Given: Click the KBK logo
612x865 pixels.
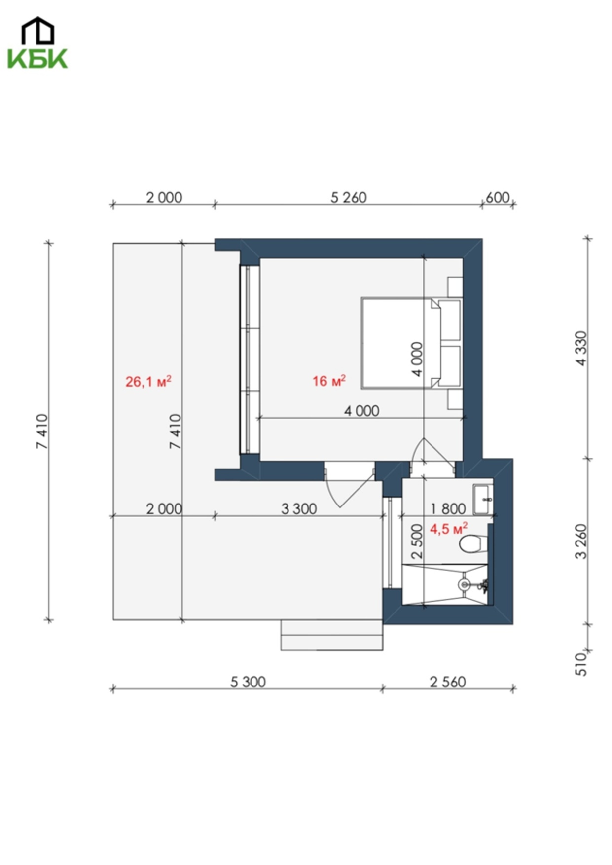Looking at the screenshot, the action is (x=37, y=43).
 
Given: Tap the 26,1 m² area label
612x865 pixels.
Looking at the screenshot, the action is (x=148, y=381).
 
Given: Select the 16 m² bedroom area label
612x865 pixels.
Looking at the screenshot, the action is (x=329, y=380).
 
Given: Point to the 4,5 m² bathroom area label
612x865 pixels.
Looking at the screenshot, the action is (x=449, y=529).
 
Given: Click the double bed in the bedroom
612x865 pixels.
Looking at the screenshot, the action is (x=411, y=343).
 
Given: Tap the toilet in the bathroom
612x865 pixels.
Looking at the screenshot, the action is (x=473, y=544).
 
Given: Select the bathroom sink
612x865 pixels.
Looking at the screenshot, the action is (x=482, y=500).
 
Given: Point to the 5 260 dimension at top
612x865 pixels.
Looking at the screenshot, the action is (x=349, y=197).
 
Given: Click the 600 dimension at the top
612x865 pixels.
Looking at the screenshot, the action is (x=498, y=197).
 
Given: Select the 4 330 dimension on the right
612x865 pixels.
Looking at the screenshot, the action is (x=581, y=348).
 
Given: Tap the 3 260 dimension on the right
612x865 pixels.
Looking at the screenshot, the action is (x=581, y=541).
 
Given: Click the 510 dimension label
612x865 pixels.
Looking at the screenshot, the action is (x=581, y=664).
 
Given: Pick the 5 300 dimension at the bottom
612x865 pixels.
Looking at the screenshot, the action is (x=248, y=682).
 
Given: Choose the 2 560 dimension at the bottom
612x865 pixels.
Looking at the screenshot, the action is (x=448, y=682).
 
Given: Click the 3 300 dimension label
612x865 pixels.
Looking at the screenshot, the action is (x=299, y=508).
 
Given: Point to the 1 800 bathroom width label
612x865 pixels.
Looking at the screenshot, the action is (x=448, y=508).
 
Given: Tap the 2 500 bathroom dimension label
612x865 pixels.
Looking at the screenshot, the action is (x=417, y=541).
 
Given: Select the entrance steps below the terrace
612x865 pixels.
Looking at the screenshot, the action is (x=332, y=635).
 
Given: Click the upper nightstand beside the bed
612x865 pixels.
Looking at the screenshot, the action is (x=455, y=287).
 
